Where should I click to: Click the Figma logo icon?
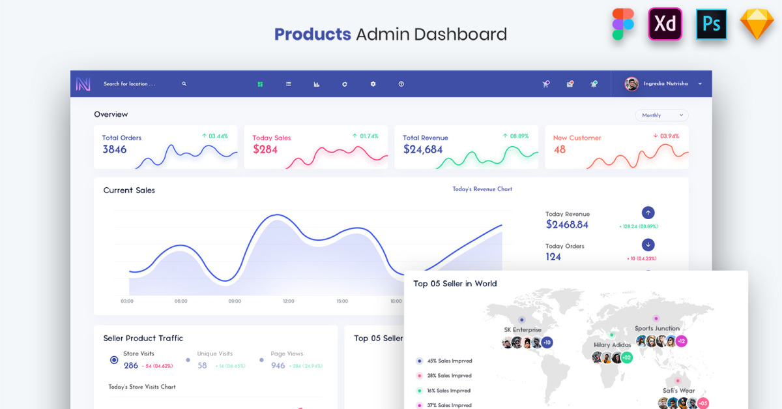point(622,24)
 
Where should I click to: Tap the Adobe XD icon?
point(665,24)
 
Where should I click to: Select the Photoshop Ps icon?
point(711,24)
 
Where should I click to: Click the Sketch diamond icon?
point(757,25)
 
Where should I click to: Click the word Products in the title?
point(312,34)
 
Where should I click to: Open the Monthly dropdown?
point(661,115)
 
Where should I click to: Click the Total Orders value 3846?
point(115,149)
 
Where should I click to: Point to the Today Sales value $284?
point(265,149)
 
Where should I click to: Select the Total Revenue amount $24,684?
point(422,149)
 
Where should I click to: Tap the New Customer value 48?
point(559,149)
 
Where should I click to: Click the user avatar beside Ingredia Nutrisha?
point(631,84)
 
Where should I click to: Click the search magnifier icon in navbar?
point(184,84)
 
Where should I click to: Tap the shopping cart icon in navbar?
point(545,84)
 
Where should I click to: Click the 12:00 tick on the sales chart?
point(288,301)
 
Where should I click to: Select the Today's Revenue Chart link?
point(482,189)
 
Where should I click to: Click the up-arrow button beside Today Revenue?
point(648,213)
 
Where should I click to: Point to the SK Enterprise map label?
point(522,329)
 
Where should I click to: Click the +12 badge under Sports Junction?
point(681,341)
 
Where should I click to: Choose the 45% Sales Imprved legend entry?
point(449,361)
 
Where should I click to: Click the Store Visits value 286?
point(131,365)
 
